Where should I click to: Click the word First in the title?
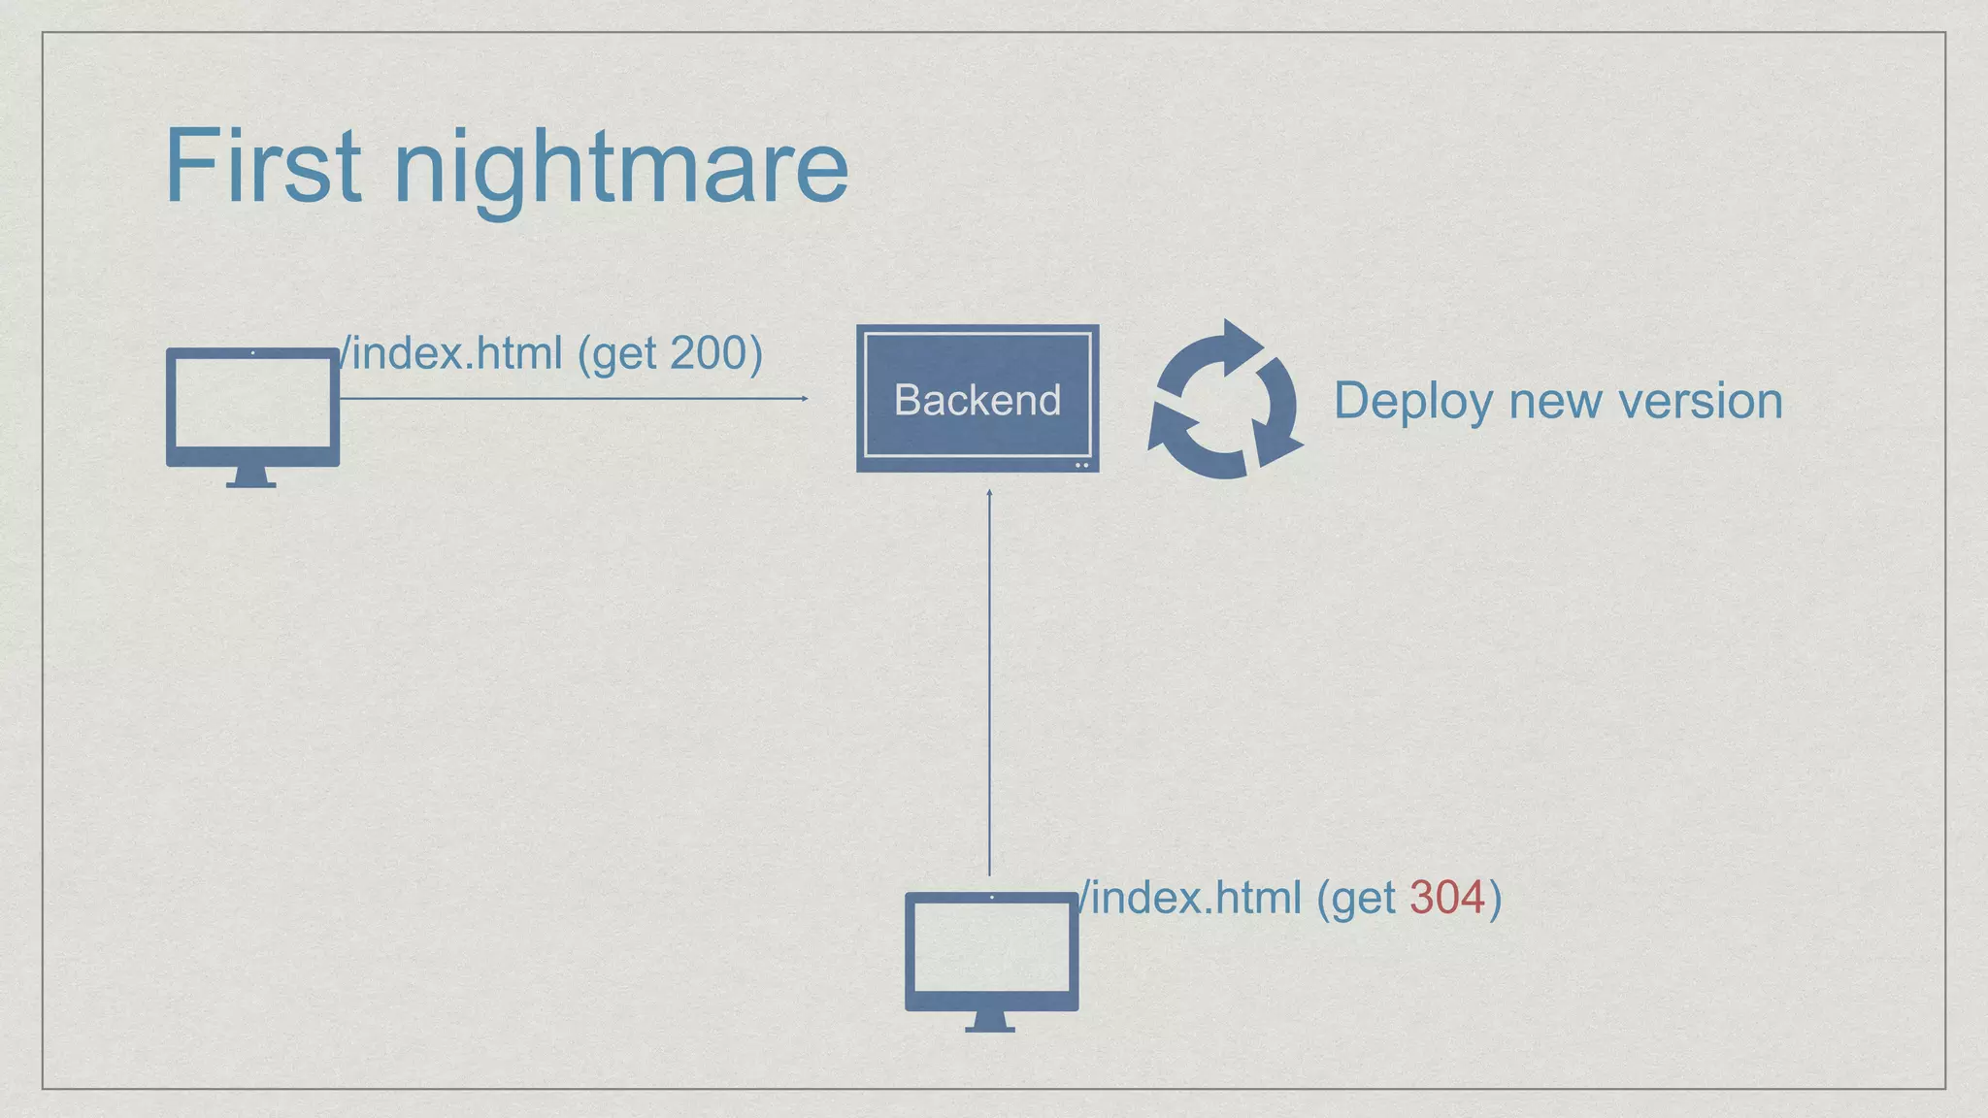click(262, 167)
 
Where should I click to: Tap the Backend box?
click(977, 399)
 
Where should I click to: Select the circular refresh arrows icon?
click(1225, 400)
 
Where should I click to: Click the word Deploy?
click(1411, 401)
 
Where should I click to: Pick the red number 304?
click(1446, 898)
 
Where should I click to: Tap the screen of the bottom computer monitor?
click(991, 947)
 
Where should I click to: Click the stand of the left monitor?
click(251, 478)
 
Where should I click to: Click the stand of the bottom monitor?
click(990, 1023)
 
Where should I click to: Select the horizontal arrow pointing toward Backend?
click(573, 398)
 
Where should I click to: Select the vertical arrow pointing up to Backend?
click(989, 679)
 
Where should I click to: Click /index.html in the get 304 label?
click(1190, 898)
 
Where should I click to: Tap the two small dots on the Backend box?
click(1081, 466)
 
